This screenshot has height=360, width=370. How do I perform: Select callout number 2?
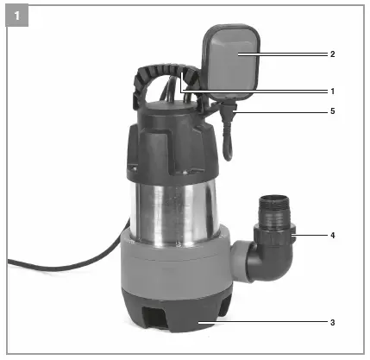pos(332,54)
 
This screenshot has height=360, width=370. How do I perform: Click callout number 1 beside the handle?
pos(332,91)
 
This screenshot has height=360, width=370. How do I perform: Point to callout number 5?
pos(332,111)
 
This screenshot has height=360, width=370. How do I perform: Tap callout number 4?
pos(332,233)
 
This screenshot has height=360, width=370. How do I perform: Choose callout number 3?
pos(332,322)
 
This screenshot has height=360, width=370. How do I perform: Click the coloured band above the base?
pos(172,263)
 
